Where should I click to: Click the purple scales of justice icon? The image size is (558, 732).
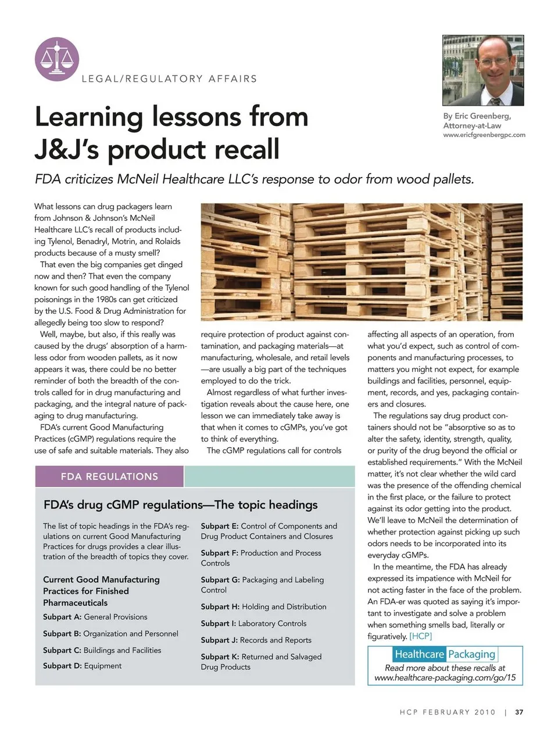(x=57, y=59)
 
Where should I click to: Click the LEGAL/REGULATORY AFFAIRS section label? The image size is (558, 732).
(x=169, y=79)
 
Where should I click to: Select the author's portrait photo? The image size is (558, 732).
(x=483, y=70)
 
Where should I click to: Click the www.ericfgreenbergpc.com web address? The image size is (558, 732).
(x=484, y=135)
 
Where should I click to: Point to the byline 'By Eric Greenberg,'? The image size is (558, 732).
(x=477, y=116)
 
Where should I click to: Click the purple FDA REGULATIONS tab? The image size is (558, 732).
(x=109, y=476)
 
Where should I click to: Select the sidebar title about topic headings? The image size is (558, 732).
(x=181, y=505)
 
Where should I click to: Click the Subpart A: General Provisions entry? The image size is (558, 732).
(x=95, y=617)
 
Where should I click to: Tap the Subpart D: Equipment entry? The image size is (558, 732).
(x=83, y=666)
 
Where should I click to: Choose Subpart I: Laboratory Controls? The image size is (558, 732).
(x=253, y=623)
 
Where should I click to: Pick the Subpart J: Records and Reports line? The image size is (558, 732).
(x=256, y=640)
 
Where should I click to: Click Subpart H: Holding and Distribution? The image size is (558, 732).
(x=263, y=607)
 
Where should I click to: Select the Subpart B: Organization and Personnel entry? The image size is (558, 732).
(x=110, y=634)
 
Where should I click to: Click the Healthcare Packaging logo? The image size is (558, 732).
(x=445, y=654)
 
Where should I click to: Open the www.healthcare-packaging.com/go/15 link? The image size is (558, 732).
(x=445, y=677)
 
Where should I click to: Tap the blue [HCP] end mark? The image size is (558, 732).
(x=420, y=636)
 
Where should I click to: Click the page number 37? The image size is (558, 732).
(x=519, y=712)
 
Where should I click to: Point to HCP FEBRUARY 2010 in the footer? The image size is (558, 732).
(x=448, y=712)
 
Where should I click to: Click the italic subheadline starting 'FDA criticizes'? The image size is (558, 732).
(x=254, y=179)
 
